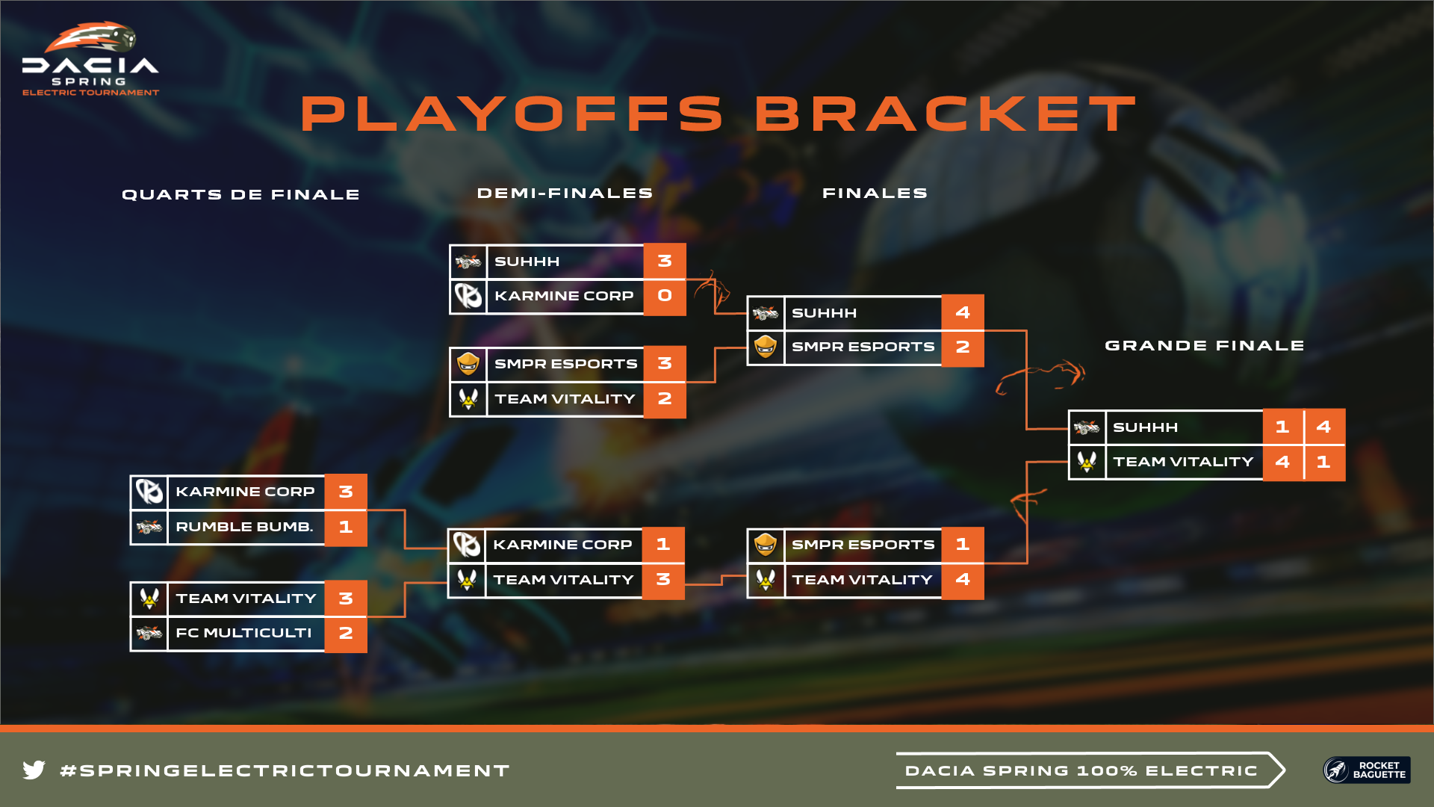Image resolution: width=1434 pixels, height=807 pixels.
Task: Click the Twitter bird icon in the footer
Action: pyautogui.click(x=34, y=770)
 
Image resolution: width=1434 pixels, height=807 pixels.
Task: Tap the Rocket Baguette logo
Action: pyautogui.click(x=1366, y=770)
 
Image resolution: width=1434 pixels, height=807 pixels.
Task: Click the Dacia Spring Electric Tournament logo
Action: pyautogui.click(x=90, y=58)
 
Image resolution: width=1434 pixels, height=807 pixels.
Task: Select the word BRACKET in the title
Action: pyautogui.click(x=946, y=114)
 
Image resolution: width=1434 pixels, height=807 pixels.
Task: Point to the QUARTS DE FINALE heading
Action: pyautogui.click(x=240, y=195)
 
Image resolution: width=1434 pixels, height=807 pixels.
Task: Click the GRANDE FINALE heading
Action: pyautogui.click(x=1204, y=346)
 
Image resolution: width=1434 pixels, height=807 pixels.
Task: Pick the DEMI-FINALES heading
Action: pyautogui.click(x=565, y=194)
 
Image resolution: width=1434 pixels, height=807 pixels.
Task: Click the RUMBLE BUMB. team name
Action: pyautogui.click(x=244, y=527)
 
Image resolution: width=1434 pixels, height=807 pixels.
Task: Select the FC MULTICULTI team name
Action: pyautogui.click(x=243, y=633)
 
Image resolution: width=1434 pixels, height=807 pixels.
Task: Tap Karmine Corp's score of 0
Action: pyautogui.click(x=665, y=296)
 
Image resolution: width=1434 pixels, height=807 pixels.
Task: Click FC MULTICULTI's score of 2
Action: pyautogui.click(x=346, y=634)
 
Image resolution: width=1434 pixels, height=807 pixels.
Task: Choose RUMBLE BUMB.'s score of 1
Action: pyautogui.click(x=346, y=528)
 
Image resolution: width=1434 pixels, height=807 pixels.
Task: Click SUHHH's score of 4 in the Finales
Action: pyautogui.click(x=963, y=312)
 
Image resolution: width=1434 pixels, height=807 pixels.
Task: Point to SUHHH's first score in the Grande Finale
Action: pyautogui.click(x=1282, y=427)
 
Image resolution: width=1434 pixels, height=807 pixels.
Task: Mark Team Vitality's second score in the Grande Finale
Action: pyautogui.click(x=1324, y=462)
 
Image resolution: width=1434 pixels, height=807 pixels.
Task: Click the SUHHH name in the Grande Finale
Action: pyautogui.click(x=1145, y=427)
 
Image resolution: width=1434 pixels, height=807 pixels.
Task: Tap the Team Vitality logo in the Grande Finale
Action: pyautogui.click(x=1087, y=463)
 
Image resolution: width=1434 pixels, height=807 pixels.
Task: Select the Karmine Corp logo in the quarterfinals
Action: pyautogui.click(x=149, y=492)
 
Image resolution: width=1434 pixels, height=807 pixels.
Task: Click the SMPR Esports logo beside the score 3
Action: pyautogui.click(x=468, y=364)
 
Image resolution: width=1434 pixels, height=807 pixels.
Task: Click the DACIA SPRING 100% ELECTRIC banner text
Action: pyautogui.click(x=1081, y=770)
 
